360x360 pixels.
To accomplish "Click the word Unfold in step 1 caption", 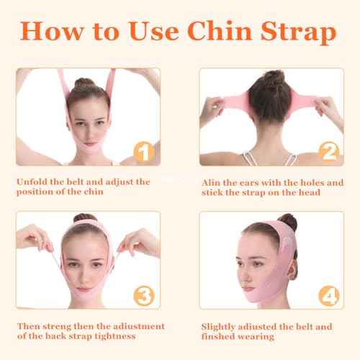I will coord(32,182).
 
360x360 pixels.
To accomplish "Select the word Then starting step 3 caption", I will coord(30,326).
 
